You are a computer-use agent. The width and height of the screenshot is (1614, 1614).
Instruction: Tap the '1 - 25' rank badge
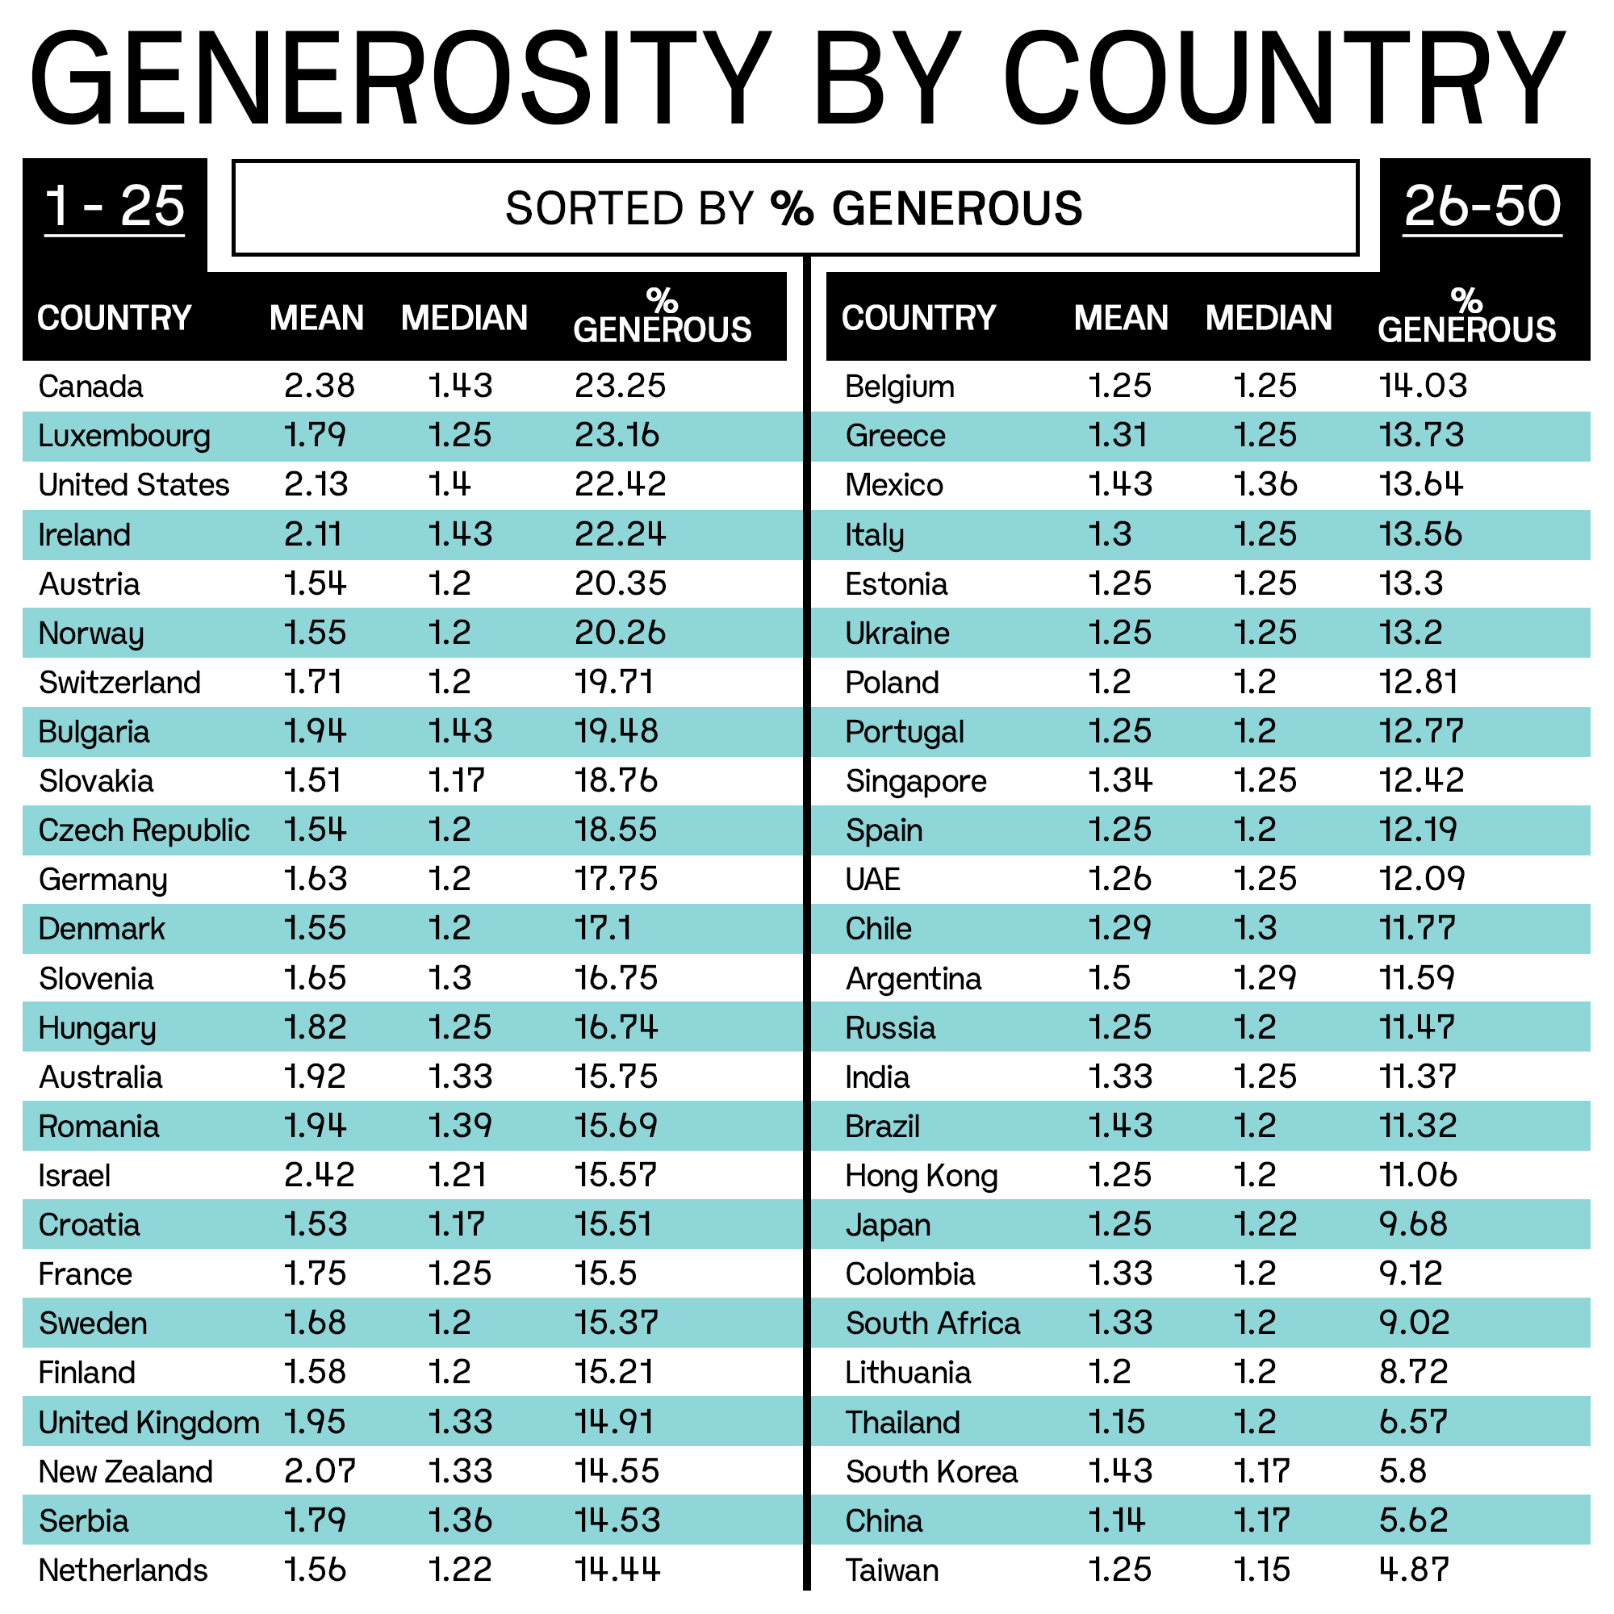115,207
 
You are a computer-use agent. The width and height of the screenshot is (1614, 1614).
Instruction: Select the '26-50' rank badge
1482,207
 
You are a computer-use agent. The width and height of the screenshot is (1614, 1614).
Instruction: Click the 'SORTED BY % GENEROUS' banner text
793,208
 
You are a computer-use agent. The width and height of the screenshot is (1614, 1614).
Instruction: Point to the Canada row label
90,387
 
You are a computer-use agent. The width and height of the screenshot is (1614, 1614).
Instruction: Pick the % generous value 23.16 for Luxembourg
617,436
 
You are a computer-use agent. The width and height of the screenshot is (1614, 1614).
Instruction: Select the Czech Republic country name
144,830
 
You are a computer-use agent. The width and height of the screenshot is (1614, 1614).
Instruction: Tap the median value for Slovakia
456,781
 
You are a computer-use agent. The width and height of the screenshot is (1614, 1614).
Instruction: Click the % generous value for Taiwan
1414,1570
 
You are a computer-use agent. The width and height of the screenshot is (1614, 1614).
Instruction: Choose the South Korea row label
931,1472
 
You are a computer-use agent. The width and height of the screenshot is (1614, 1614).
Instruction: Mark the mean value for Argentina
1110,978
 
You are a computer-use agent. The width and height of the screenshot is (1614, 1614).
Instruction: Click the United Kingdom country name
148,1423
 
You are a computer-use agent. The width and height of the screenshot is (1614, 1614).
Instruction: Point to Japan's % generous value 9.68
1414,1225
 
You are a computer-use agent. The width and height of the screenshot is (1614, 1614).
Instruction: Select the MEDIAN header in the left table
465,318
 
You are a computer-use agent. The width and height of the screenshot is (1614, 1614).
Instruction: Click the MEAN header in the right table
1121,318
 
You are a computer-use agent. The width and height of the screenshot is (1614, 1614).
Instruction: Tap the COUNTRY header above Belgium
919,318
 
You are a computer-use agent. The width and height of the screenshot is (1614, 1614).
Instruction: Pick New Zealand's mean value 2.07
319,1472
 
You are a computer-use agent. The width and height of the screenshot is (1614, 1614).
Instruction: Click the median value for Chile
1255,929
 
